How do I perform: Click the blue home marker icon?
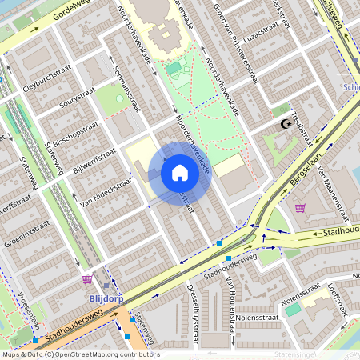tap(180, 173)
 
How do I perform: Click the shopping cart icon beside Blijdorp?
tap(87, 279)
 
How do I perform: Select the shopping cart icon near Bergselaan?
tap(300, 208)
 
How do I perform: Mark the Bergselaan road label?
tap(300, 178)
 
